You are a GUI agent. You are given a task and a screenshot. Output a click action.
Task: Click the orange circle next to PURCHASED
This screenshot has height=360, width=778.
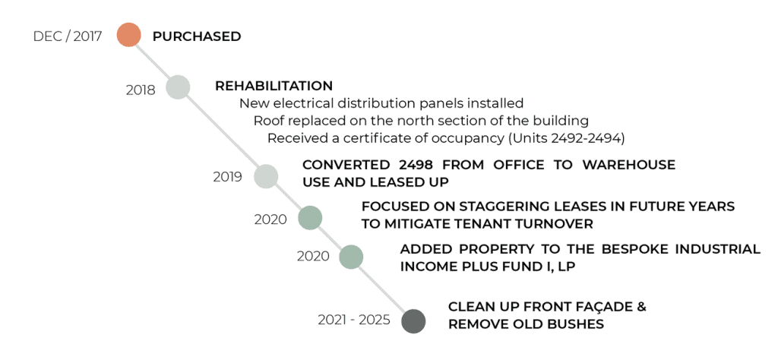coord(129,35)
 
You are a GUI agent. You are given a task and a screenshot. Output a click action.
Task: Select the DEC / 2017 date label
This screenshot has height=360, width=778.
coord(68,36)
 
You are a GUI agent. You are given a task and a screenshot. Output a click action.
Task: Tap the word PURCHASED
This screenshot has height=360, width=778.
coord(197,36)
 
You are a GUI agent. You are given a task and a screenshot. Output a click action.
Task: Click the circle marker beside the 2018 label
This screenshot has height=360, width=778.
coord(178,87)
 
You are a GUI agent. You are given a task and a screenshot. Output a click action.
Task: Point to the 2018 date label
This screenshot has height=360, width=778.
coord(141,90)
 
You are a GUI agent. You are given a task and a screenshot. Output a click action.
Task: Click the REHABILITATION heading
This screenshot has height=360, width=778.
coord(274,86)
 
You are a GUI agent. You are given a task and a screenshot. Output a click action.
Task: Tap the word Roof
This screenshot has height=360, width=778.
coord(267,121)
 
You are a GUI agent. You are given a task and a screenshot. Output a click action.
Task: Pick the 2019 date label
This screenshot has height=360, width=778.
coord(228,177)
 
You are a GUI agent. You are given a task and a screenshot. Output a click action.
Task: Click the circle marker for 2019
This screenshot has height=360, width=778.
coord(265,176)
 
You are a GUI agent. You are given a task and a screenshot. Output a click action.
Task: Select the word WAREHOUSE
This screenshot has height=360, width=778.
coord(628,165)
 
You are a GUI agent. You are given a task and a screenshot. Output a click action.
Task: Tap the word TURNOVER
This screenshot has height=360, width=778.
coord(550,223)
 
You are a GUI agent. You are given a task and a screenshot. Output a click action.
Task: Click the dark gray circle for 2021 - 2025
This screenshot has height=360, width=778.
coord(413,321)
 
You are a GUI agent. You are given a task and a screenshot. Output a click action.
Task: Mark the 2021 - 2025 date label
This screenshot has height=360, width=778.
coord(354,321)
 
